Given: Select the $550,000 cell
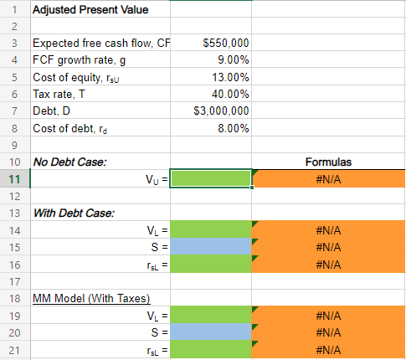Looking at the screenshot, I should coord(225,44).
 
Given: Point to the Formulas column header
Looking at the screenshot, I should coord(328,162).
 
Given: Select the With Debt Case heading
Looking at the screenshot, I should coord(73,212).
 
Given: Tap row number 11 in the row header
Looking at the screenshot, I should coord(14,178).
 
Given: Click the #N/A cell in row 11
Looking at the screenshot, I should coord(328,178).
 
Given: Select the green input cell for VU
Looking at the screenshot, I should coord(211,178).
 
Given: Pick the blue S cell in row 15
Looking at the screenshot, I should coord(211,246).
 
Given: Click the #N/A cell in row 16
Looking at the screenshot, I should coord(328,263).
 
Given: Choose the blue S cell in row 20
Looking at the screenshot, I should coord(211,332).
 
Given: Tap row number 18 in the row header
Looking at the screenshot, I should coord(14,298).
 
